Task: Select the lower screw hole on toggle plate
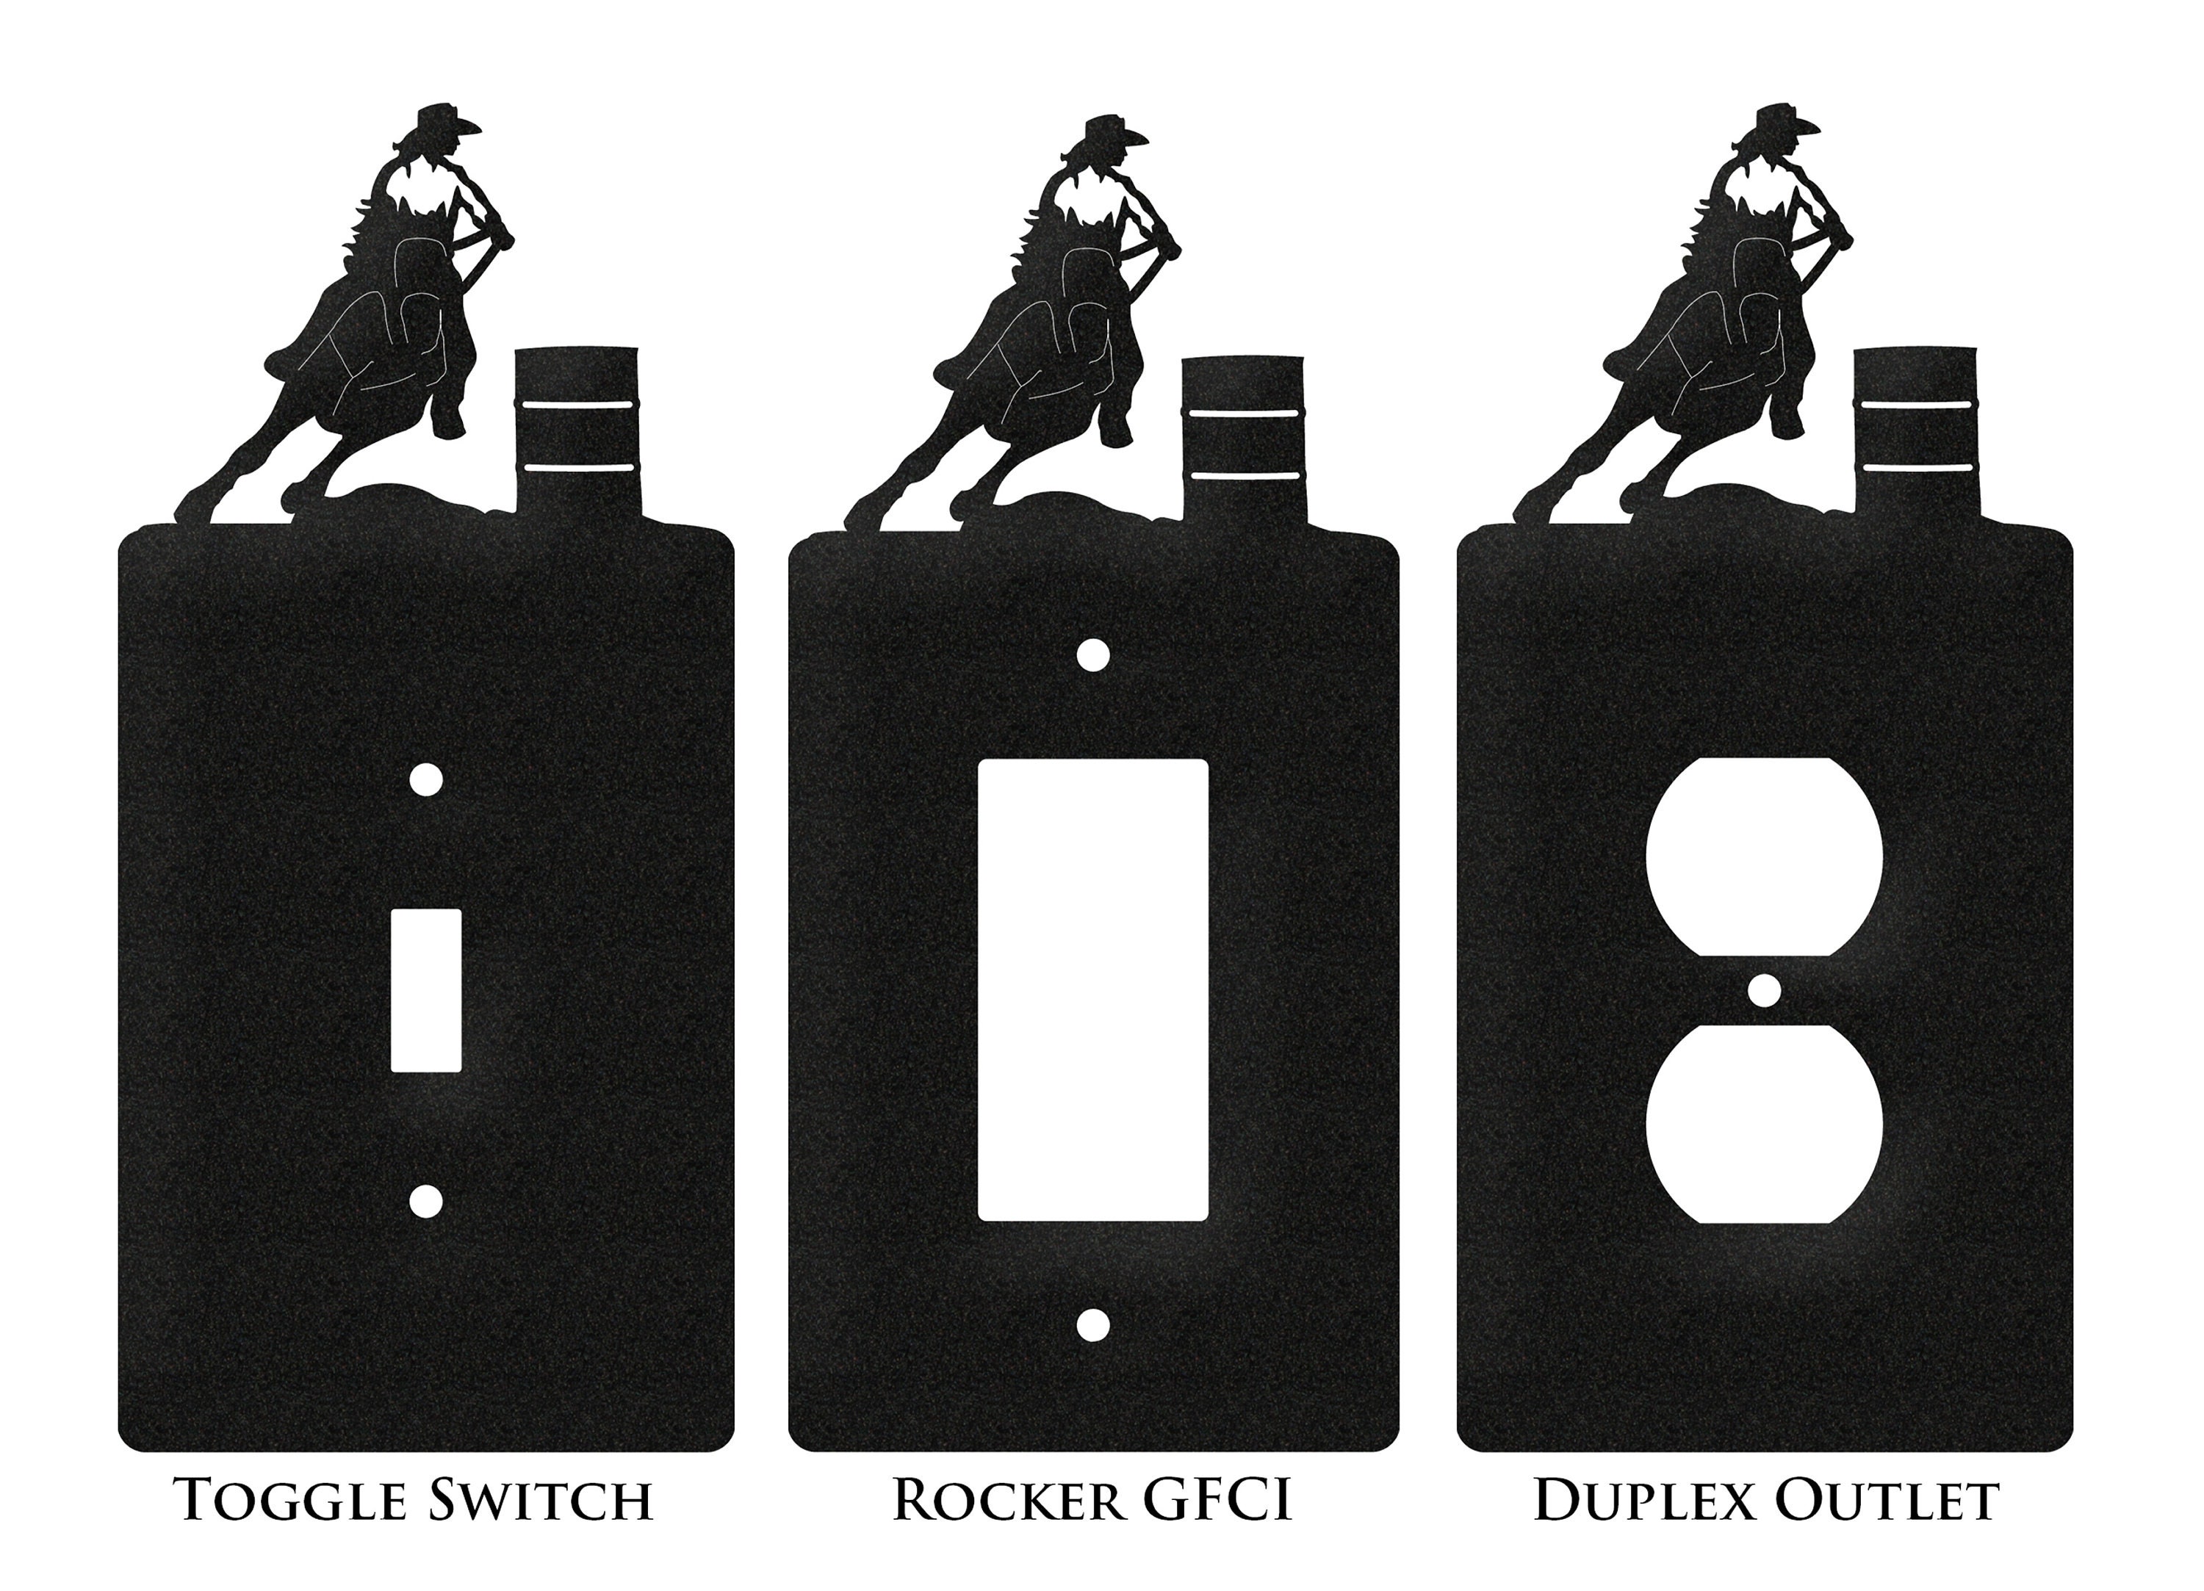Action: (x=425, y=1201)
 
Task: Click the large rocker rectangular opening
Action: (x=1093, y=990)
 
